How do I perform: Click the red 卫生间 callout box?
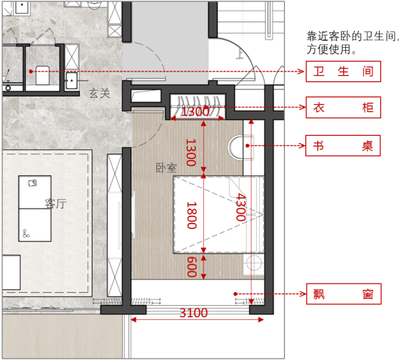coord(343,71)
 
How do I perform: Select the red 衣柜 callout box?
coord(343,107)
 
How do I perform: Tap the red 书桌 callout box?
coord(342,146)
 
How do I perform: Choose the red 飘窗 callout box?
coord(344,294)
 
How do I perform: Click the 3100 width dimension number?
coord(193,313)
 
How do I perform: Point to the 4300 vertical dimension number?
coord(240,207)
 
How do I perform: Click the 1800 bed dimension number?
coord(192,215)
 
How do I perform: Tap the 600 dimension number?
coord(192,267)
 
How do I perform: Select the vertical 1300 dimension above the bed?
coord(191,152)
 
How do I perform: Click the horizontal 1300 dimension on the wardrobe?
coord(196,112)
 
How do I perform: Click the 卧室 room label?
coord(166,168)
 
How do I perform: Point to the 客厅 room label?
coord(56,204)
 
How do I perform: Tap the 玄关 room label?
coord(99,94)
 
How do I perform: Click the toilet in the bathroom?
coord(43,75)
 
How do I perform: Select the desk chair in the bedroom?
coord(240,148)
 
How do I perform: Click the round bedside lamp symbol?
coord(254,263)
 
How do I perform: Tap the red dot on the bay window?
coord(235,294)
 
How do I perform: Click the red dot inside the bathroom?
coord(31,71)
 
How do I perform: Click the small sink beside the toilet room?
coord(71,81)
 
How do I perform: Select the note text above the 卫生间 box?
coord(353,43)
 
